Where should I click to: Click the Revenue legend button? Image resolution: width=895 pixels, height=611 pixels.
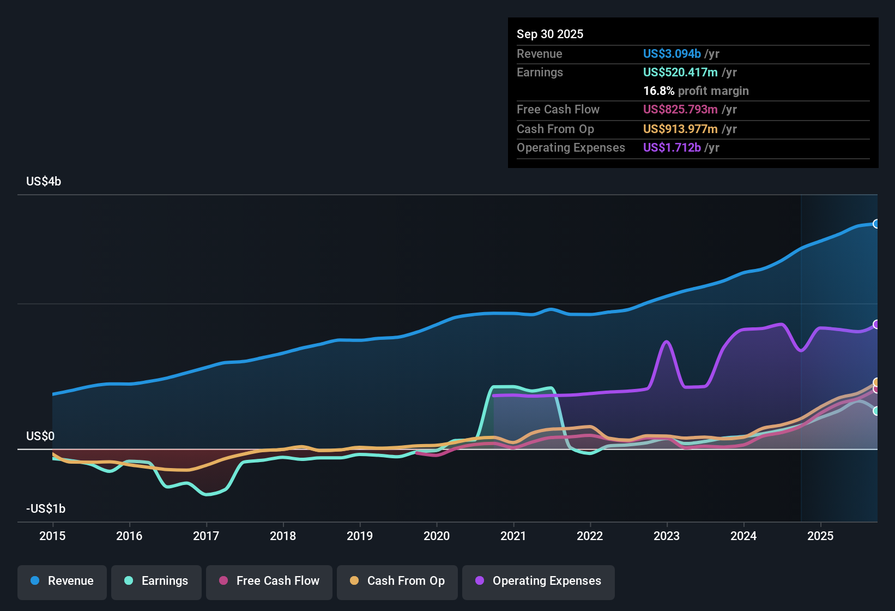coord(62,581)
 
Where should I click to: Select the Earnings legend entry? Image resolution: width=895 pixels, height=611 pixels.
coord(156,581)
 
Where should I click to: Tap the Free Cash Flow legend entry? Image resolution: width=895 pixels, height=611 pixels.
coord(269,581)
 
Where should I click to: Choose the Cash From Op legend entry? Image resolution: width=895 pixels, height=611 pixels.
coord(397,581)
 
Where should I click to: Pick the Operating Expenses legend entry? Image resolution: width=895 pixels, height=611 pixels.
coord(539,581)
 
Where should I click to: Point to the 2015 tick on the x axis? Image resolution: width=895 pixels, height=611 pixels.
coord(52,536)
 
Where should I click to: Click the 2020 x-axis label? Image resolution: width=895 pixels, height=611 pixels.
coord(437,536)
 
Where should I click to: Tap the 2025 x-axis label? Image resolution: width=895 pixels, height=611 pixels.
coord(820,536)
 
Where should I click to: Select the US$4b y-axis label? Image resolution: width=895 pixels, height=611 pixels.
coord(44,182)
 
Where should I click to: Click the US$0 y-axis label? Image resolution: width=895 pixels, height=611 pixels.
coord(40,436)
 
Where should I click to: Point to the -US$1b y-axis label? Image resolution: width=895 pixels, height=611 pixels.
coord(46,508)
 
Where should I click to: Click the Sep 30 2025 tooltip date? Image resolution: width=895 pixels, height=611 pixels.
coord(550,34)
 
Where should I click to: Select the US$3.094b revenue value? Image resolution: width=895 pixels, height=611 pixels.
coord(672,53)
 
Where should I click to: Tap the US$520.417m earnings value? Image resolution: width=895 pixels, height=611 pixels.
coord(680,72)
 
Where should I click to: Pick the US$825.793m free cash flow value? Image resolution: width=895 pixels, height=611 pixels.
coord(680,109)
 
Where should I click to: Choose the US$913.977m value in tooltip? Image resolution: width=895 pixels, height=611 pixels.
coord(680,129)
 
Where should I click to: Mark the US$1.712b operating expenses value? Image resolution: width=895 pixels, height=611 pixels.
coord(672,147)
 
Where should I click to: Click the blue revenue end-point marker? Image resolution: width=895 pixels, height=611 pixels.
coord(876,224)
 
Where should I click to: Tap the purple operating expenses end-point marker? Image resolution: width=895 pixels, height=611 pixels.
coord(876,325)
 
